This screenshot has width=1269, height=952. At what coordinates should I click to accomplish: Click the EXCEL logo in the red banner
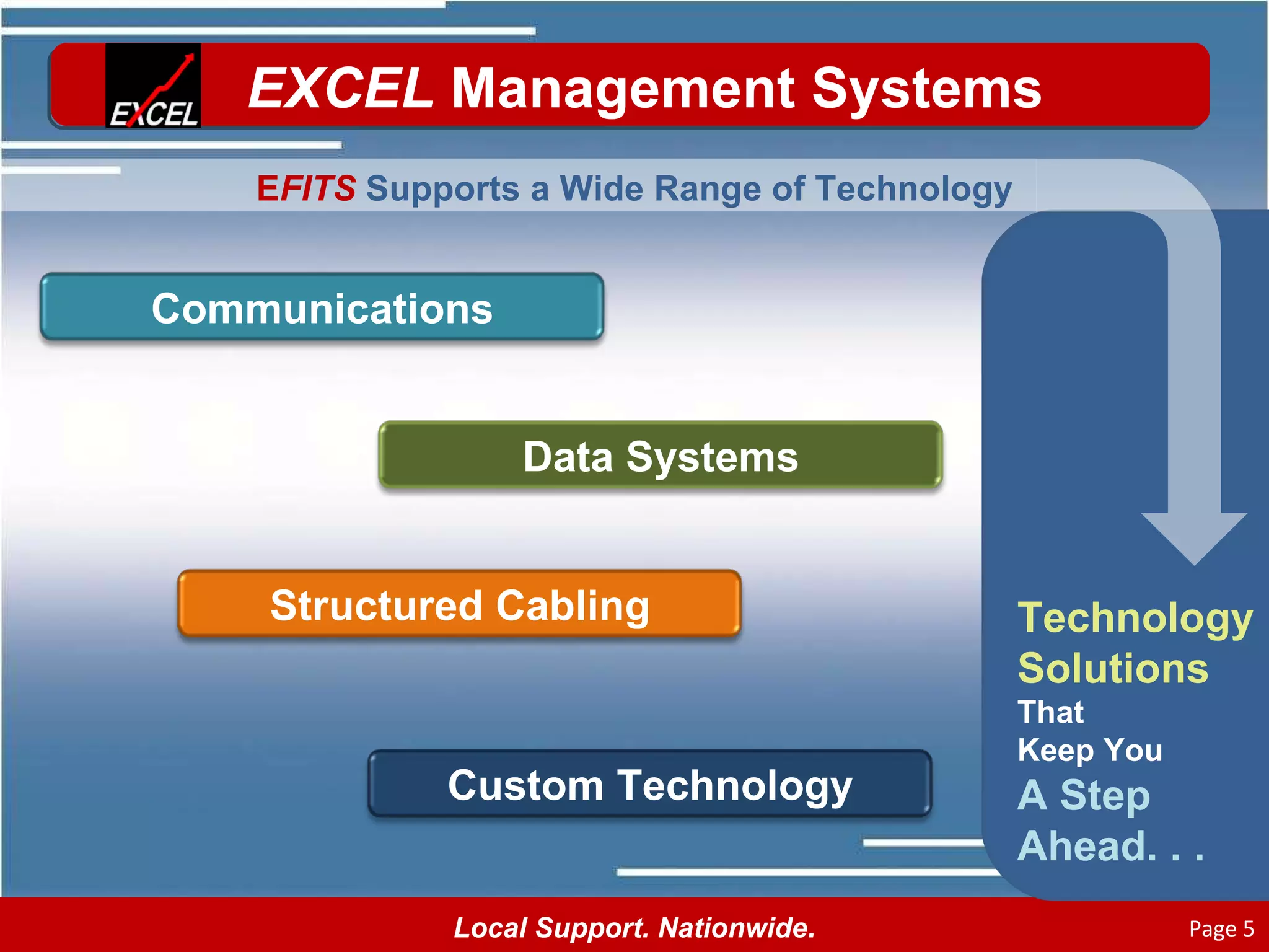(153, 86)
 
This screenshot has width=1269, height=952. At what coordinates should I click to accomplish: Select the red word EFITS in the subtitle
(306, 188)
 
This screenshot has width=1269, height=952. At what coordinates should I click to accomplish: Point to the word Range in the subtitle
(708, 188)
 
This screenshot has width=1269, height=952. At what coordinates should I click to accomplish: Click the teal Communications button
(322, 307)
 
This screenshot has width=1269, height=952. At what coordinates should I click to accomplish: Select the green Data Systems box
(660, 456)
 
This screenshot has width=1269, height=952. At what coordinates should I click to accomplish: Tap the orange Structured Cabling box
(459, 604)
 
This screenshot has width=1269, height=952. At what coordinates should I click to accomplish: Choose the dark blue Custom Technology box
(649, 784)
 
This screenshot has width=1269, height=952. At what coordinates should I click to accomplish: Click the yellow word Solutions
(1113, 668)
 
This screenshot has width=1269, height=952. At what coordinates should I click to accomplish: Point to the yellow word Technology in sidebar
(1135, 619)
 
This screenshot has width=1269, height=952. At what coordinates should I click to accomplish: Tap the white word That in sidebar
(1050, 712)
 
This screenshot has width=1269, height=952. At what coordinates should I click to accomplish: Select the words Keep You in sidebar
(1089, 750)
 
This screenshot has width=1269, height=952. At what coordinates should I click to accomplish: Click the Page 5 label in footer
(1221, 928)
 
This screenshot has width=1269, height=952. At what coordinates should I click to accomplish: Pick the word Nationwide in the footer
(736, 928)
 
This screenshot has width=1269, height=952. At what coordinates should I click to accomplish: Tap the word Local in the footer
(490, 928)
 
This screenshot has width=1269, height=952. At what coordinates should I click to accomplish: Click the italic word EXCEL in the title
(340, 89)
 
